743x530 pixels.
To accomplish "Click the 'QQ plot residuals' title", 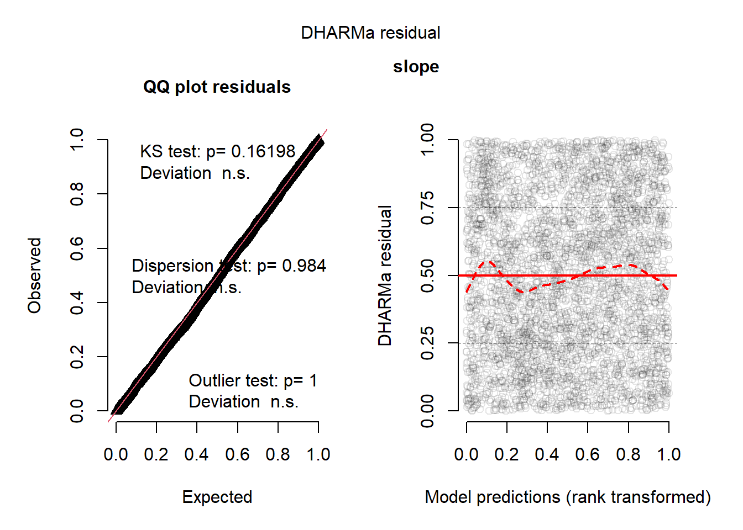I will pyautogui.click(x=217, y=87).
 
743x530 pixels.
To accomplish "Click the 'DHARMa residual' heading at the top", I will pyautogui.click(x=370, y=33).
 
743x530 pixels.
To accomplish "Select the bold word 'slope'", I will pyautogui.click(x=416, y=67).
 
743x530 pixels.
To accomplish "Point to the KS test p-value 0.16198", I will pyautogui.click(x=263, y=151).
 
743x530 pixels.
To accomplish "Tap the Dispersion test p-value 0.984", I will pyautogui.click(x=304, y=266).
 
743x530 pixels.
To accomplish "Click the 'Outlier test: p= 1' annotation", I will pyautogui.click(x=253, y=380).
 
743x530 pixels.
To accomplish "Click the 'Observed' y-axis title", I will pyautogui.click(x=35, y=275).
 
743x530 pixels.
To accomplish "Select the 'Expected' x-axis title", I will pyautogui.click(x=217, y=497).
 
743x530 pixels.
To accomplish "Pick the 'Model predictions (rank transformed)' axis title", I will pyautogui.click(x=567, y=497).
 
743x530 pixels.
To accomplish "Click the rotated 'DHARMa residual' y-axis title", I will pyautogui.click(x=385, y=275).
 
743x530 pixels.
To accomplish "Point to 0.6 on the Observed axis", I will pyautogui.click(x=77, y=248).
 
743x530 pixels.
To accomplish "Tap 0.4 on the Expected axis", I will pyautogui.click(x=196, y=454).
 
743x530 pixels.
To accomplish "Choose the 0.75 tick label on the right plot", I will pyautogui.click(x=427, y=208).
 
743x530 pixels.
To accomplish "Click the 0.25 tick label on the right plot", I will pyautogui.click(x=427, y=343).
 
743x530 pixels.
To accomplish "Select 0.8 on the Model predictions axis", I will pyautogui.click(x=628, y=454).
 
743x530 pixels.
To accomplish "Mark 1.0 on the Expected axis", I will pyautogui.click(x=318, y=454).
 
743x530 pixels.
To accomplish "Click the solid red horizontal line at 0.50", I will pyautogui.click(x=608, y=275).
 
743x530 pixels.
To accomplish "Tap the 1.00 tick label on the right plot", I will pyautogui.click(x=427, y=140).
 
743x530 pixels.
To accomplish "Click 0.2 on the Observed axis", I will pyautogui.click(x=77, y=357).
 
